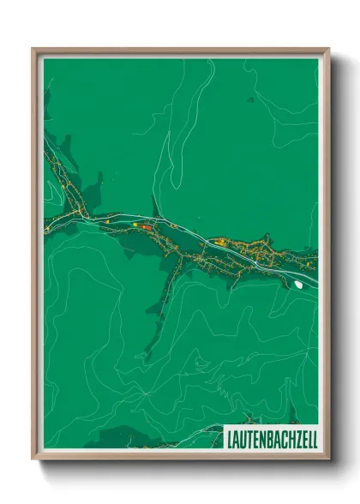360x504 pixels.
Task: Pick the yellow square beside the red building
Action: pos(135,225)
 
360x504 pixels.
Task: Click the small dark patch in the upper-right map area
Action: pos(250,99)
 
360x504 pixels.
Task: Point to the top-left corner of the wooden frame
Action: pos(33,49)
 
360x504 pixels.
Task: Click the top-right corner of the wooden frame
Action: pos(328,49)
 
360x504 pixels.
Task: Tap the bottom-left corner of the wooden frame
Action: pos(33,459)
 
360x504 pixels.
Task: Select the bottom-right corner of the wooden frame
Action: pos(328,459)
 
